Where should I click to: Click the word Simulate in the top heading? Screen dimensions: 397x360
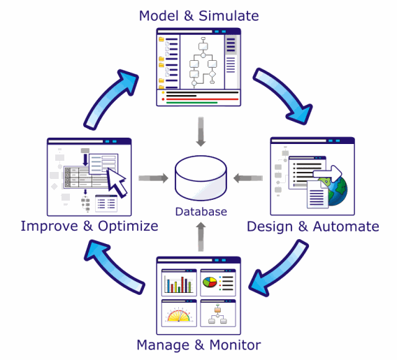click(229, 16)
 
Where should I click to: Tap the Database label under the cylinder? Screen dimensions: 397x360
click(201, 212)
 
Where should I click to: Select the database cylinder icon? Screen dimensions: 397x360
click(201, 178)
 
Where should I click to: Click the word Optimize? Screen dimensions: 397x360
click(128, 226)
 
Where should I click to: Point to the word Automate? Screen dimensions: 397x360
click(346, 226)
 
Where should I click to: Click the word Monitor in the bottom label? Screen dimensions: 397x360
click(235, 345)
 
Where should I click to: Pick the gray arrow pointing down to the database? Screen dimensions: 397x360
click(201, 131)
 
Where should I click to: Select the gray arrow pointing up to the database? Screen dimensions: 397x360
click(201, 237)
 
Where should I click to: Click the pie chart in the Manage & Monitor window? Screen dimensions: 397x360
click(210, 282)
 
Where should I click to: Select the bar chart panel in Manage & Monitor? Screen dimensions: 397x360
click(179, 282)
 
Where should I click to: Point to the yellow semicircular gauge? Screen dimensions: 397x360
click(179, 315)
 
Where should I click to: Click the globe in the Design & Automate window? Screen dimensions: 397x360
click(335, 190)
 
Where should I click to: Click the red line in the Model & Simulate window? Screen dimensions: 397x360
click(202, 99)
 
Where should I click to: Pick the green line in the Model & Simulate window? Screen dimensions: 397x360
click(192, 103)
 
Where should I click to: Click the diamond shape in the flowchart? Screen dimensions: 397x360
click(212, 74)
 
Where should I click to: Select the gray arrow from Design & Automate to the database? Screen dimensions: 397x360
click(248, 178)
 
